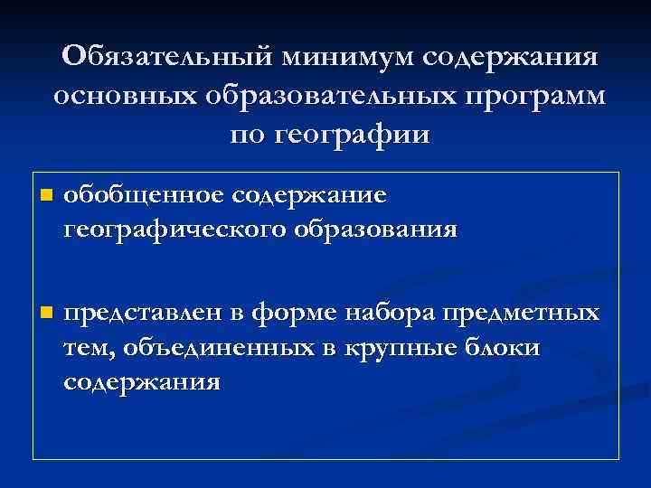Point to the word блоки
coord(508,347)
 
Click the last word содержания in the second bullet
coord(142,380)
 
